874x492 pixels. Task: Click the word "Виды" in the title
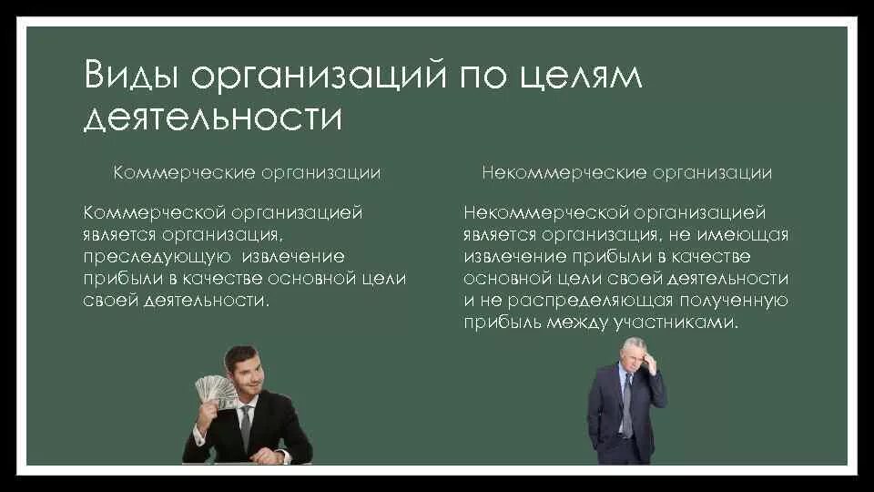(x=131, y=77)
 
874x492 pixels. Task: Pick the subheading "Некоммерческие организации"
(x=627, y=172)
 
